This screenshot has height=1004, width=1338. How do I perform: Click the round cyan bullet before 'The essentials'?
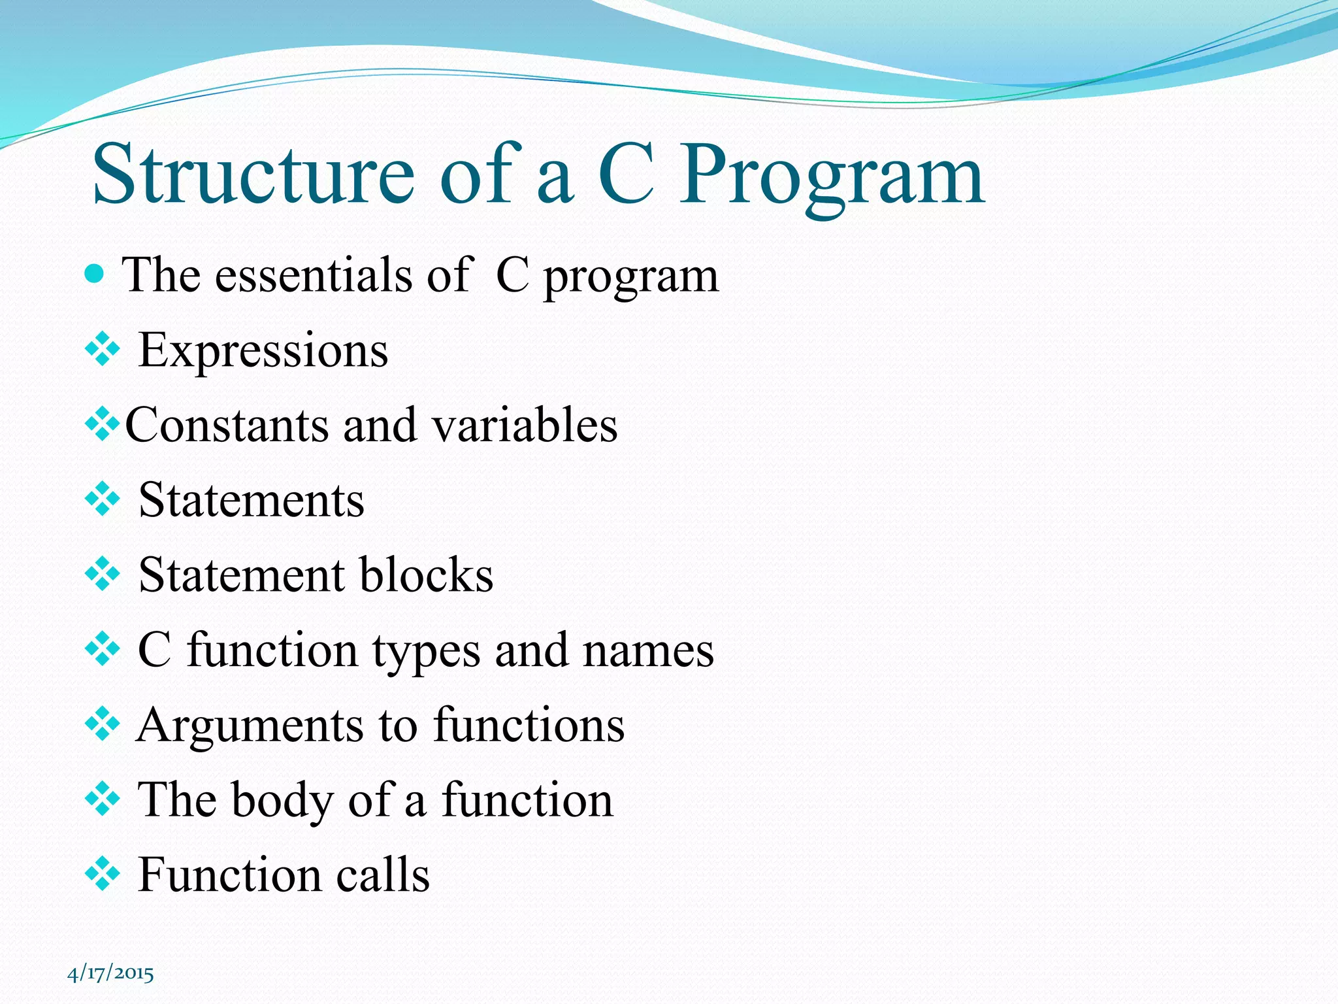pos(95,273)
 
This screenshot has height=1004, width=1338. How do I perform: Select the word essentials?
pos(314,275)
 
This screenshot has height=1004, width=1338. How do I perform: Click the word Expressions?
pos(263,351)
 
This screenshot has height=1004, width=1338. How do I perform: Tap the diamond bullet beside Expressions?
pos(103,350)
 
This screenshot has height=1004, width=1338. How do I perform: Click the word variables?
pos(525,426)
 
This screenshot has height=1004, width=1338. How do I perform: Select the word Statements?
pos(252,501)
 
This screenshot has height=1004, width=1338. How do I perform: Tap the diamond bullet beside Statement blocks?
pos(103,575)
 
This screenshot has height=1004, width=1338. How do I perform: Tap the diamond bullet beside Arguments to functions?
pos(103,725)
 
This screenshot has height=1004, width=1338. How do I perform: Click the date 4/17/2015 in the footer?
pos(110,974)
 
